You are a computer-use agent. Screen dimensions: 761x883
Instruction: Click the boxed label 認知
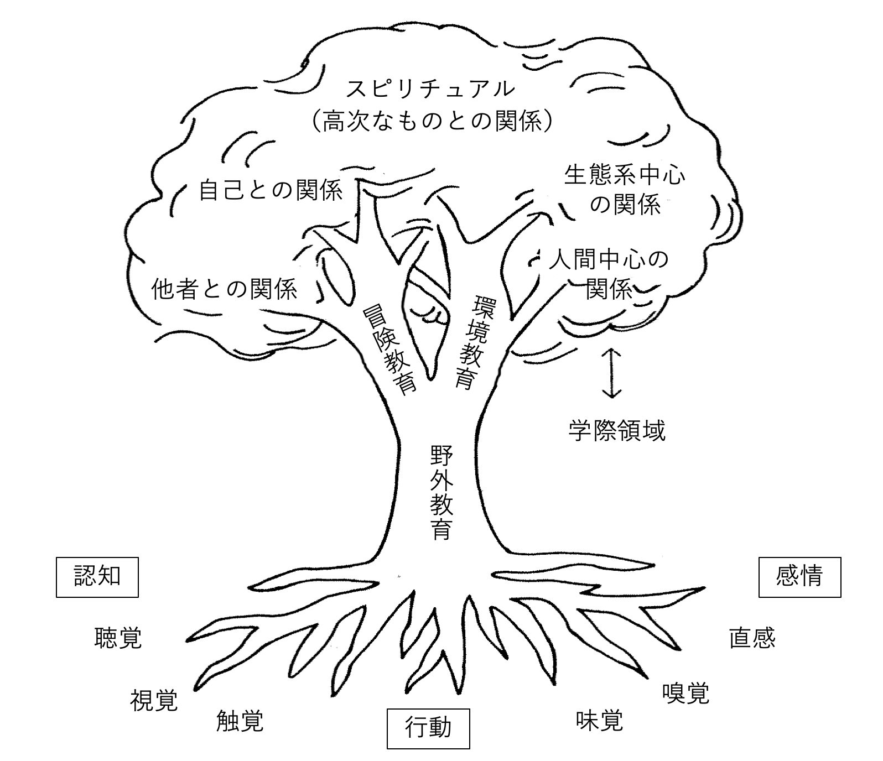(97, 576)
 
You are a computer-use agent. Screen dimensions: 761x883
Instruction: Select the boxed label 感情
(799, 576)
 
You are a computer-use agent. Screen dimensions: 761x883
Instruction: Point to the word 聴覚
(118, 638)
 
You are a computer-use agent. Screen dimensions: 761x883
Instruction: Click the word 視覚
(154, 700)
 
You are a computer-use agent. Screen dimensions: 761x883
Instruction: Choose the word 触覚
(240, 721)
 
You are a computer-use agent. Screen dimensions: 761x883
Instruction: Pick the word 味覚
(599, 720)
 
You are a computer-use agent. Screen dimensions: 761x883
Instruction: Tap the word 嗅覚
(685, 692)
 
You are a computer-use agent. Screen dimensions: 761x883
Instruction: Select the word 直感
(752, 638)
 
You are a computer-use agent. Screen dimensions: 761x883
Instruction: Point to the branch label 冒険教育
(389, 350)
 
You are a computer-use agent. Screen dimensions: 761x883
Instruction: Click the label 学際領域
(617, 430)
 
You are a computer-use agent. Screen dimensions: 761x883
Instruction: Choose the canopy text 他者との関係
(224, 288)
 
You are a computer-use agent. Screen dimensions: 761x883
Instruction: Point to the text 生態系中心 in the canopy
(625, 175)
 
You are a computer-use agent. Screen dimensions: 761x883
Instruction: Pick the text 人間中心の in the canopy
(609, 259)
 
